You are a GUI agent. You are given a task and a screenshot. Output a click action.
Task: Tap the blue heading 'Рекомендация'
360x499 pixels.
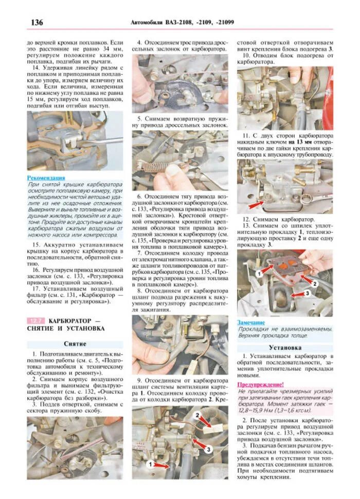tap(46, 178)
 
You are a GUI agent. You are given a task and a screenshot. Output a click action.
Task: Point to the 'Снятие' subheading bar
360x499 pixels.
tap(75, 343)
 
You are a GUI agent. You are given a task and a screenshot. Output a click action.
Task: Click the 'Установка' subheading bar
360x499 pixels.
tap(284, 348)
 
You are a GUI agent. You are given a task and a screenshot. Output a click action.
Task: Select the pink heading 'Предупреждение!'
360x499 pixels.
tap(260, 384)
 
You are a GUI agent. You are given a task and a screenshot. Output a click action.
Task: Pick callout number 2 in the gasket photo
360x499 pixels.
tap(315, 283)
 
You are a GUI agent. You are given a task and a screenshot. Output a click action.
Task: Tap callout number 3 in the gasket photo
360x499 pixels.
tap(307, 293)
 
